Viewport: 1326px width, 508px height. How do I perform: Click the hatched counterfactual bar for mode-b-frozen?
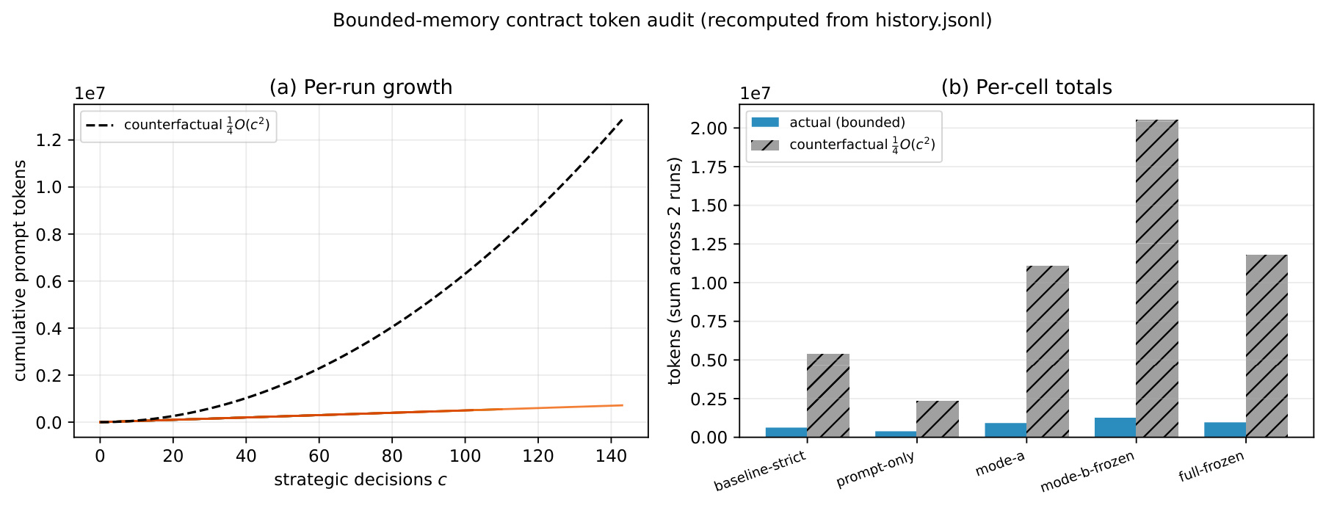pyautogui.click(x=1157, y=278)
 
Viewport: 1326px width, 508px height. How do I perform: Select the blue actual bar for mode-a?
pyautogui.click(x=1005, y=430)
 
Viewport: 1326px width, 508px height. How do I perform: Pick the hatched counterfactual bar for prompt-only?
pyautogui.click(x=938, y=419)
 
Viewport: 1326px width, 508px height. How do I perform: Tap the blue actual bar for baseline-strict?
pyautogui.click(x=786, y=432)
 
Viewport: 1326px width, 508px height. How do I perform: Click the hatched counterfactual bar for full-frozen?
pyautogui.click(x=1267, y=346)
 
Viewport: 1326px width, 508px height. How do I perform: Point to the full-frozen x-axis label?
pyautogui.click(x=1211, y=467)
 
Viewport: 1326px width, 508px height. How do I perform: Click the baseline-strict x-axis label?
pyautogui.click(x=761, y=471)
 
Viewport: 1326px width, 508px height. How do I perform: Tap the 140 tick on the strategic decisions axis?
pyautogui.click(x=611, y=456)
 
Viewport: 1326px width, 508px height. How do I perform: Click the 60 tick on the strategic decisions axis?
pyautogui.click(x=319, y=456)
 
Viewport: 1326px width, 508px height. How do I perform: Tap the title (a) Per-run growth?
pyautogui.click(x=361, y=87)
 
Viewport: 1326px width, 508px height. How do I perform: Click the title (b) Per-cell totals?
pyautogui.click(x=1026, y=87)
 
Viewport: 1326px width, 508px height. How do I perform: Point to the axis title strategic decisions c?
pyautogui.click(x=361, y=480)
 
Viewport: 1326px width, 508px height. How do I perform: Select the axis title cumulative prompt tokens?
pyautogui.click(x=20, y=271)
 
